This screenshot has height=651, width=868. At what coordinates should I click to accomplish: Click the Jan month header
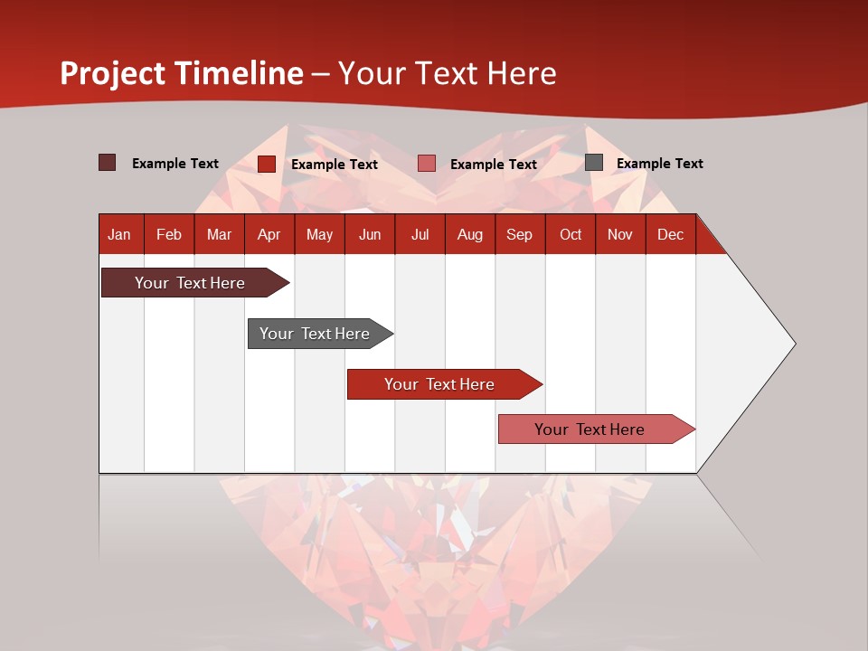click(x=119, y=234)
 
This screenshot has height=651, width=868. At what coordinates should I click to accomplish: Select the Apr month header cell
click(x=269, y=234)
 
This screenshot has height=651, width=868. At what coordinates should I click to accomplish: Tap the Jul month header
click(x=420, y=234)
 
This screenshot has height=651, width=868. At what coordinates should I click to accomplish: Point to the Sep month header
click(x=519, y=234)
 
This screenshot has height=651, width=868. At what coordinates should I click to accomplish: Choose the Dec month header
click(x=670, y=234)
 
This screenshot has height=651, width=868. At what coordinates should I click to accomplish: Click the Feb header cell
click(x=169, y=234)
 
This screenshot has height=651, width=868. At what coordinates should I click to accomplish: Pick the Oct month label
click(x=571, y=234)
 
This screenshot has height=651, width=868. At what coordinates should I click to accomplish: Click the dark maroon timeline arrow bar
click(x=190, y=283)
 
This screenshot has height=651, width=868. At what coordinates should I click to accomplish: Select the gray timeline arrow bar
click(x=315, y=334)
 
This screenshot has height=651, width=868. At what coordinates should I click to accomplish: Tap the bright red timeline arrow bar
click(x=439, y=384)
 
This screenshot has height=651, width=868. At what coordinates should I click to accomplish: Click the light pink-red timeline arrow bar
click(x=590, y=429)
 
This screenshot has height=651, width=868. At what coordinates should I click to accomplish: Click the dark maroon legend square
click(x=107, y=163)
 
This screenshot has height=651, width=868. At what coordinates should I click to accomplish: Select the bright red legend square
click(x=267, y=164)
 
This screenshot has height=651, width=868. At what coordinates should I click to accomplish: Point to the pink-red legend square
click(x=427, y=164)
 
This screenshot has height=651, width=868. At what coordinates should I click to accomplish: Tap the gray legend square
click(x=594, y=163)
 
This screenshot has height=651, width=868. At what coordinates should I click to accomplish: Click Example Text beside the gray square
click(x=659, y=164)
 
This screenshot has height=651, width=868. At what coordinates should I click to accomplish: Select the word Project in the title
click(x=114, y=73)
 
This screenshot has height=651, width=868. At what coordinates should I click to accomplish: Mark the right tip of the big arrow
click(x=793, y=344)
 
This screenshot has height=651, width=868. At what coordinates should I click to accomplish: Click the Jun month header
click(x=370, y=234)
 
